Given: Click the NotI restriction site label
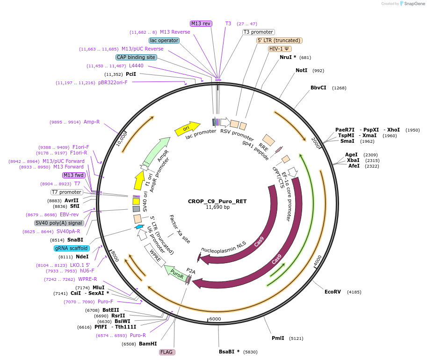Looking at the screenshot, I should click(302, 70).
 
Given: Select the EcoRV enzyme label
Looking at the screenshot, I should click(333, 292).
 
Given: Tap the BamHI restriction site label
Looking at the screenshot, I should click(148, 344).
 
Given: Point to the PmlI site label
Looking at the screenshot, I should click(278, 338).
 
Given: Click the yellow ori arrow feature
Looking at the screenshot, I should click(186, 127).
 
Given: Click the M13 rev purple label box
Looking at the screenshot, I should click(201, 23).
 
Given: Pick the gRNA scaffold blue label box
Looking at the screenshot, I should click(72, 248).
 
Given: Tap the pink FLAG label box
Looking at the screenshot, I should click(167, 352).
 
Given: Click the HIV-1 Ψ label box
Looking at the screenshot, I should click(280, 49).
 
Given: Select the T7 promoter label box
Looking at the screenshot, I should click(67, 192).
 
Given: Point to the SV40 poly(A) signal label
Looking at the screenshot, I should click(59, 223).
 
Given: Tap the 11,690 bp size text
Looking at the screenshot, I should click(217, 207).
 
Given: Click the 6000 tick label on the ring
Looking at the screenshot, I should click(215, 319).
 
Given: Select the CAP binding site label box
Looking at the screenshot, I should click(136, 57).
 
